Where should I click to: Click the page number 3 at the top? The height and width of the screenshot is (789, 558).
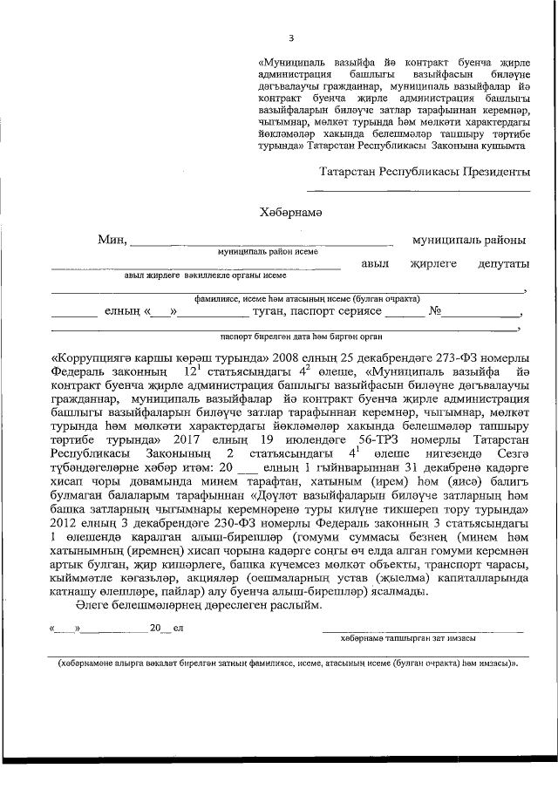coord(291,37)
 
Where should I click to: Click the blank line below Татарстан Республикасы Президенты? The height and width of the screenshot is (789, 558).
coord(418,190)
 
